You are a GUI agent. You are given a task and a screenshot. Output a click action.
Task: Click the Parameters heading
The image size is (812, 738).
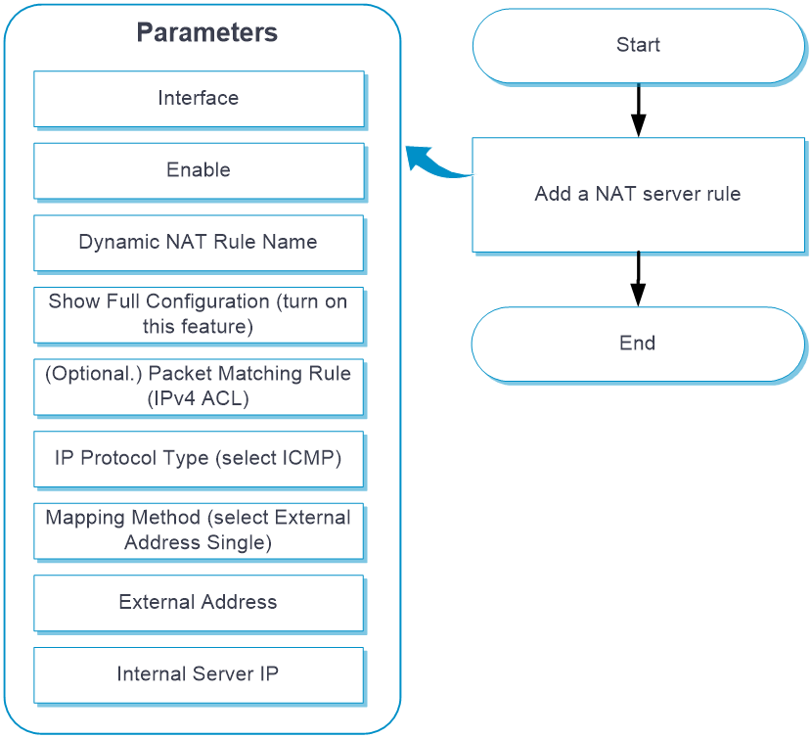tap(207, 32)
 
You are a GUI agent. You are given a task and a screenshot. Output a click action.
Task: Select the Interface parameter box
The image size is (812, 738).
tap(199, 99)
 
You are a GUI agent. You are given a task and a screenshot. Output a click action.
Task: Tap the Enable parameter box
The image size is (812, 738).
tap(199, 170)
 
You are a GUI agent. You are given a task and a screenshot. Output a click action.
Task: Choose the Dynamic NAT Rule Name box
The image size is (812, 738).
tap(199, 243)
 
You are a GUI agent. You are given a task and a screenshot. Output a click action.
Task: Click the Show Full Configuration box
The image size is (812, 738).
tap(199, 314)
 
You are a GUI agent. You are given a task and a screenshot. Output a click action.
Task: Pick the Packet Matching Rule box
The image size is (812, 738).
tap(199, 387)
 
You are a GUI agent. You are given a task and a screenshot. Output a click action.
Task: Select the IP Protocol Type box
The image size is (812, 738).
tap(199, 459)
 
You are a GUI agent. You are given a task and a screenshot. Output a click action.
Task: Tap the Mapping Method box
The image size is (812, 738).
tap(199, 530)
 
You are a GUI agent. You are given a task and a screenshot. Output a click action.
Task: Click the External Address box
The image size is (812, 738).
tap(199, 603)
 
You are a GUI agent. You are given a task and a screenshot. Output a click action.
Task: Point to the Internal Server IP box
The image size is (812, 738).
tap(199, 674)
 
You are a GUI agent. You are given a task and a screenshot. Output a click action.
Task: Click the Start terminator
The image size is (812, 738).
tap(639, 46)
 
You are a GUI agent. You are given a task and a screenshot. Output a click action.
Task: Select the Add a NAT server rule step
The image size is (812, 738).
tap(639, 195)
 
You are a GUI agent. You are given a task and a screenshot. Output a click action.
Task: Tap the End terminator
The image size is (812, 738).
tap(639, 345)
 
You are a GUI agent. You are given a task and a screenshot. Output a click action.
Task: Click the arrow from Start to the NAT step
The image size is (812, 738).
tap(639, 111)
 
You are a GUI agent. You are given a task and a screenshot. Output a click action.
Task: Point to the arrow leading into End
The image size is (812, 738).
tap(639, 279)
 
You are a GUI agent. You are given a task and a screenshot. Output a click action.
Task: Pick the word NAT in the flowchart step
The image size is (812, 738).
tap(615, 194)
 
